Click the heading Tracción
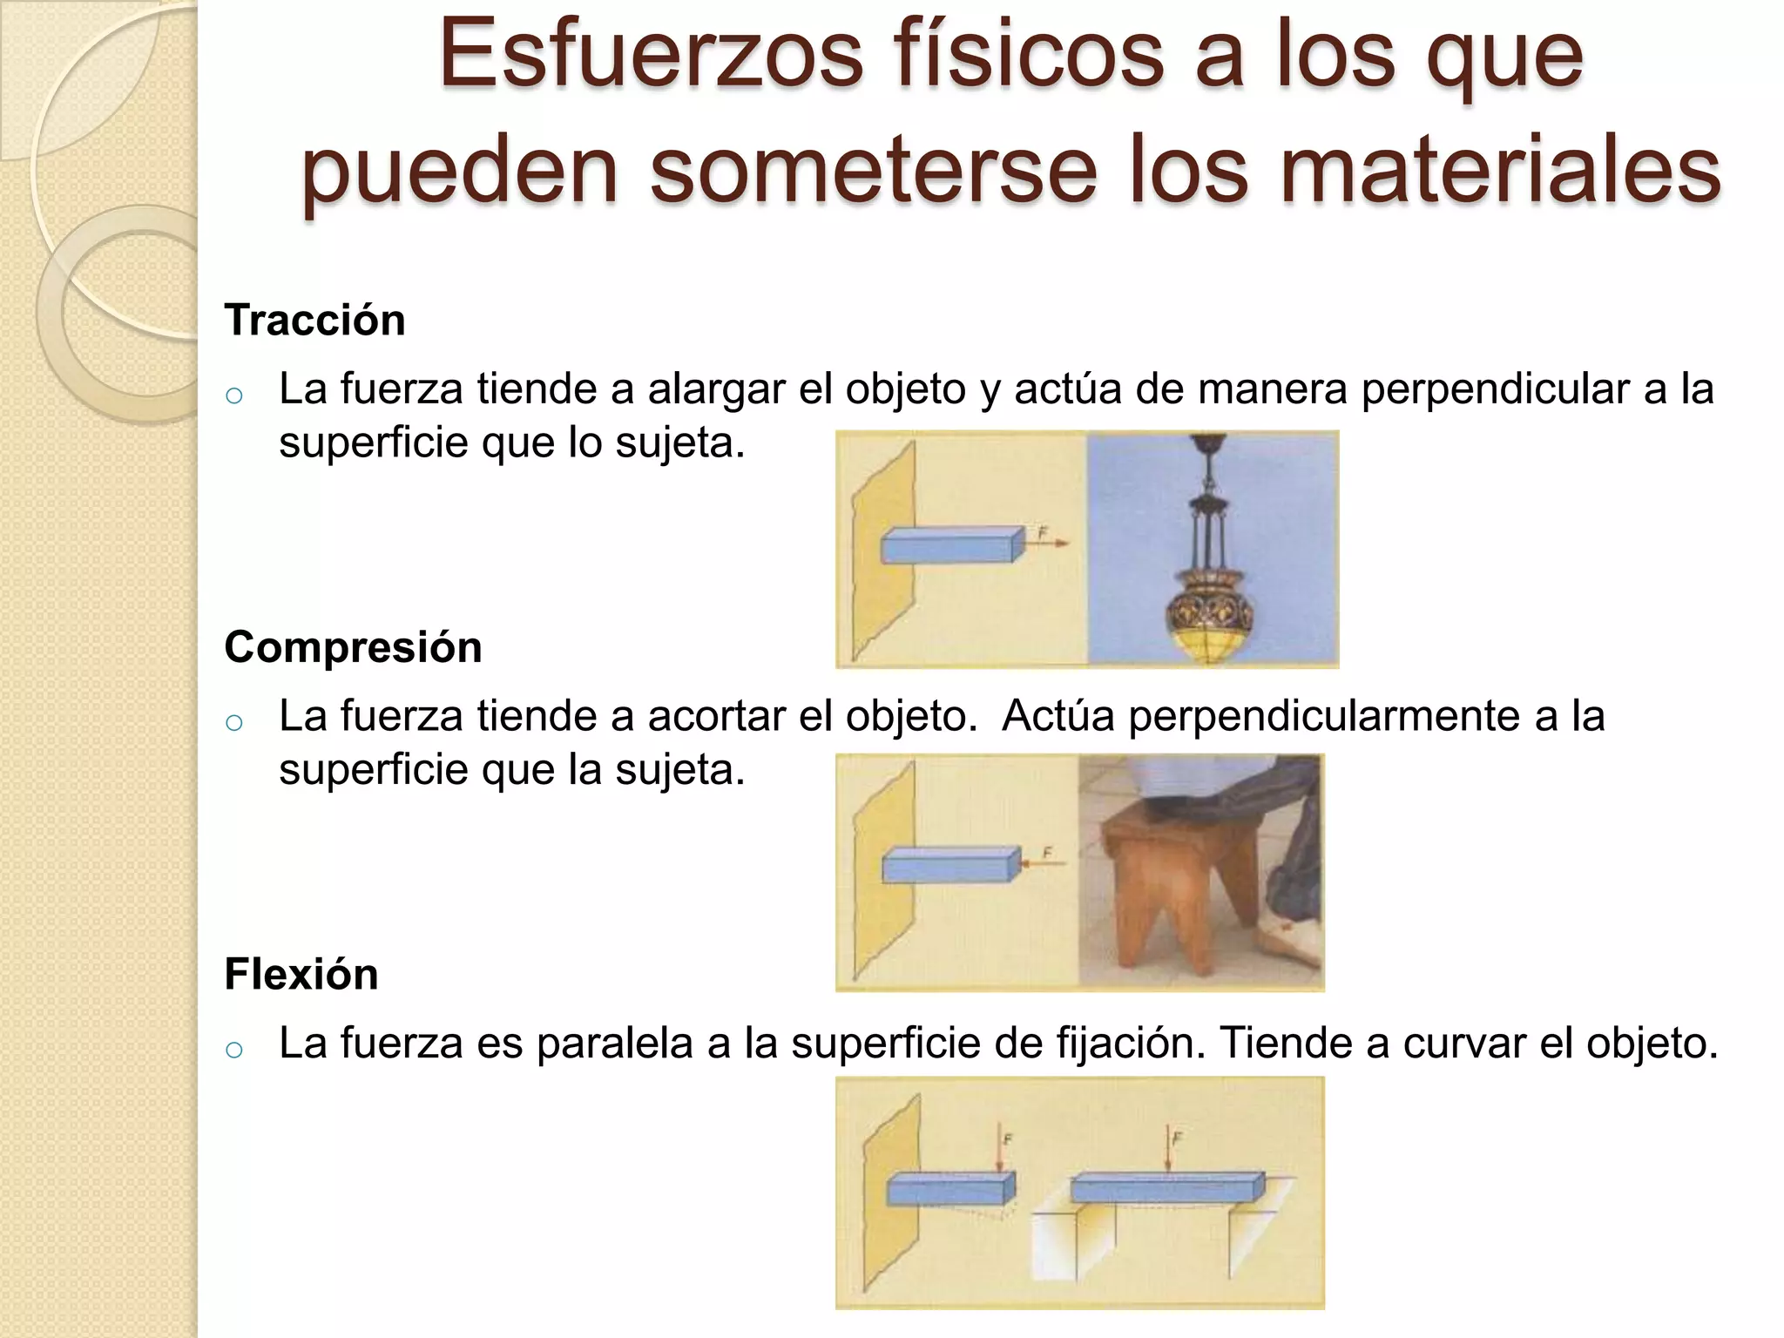coord(314,320)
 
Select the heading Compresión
coord(353,647)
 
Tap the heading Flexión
coord(301,974)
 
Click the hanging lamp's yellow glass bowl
coord(1211,645)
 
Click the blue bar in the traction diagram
coord(950,546)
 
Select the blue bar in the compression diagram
coord(950,867)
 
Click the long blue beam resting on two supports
coord(1166,1187)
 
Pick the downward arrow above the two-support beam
coord(1166,1150)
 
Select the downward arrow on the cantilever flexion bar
coord(1001,1150)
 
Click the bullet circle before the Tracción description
coord(233,396)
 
